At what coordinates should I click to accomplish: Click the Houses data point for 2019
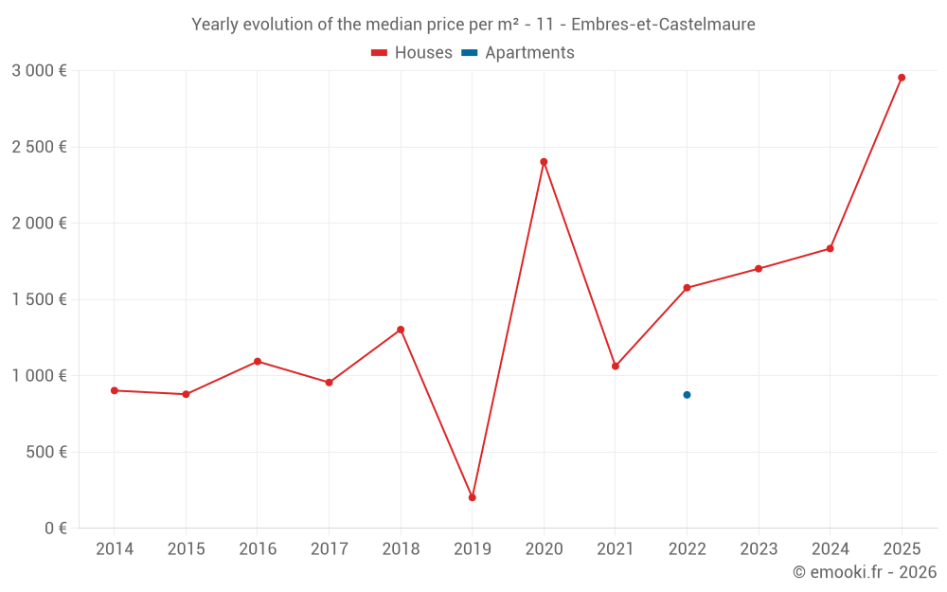click(x=472, y=497)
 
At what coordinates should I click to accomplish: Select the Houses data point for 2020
click(x=544, y=162)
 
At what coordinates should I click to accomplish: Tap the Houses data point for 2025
click(x=902, y=78)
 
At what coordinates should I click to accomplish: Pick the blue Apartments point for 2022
click(x=687, y=395)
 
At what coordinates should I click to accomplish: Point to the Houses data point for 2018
click(x=401, y=330)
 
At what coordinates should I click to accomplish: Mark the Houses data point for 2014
click(x=114, y=390)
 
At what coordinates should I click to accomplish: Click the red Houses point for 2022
click(x=687, y=288)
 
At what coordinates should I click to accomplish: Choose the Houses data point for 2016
click(x=258, y=361)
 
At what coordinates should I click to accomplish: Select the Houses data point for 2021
click(x=616, y=366)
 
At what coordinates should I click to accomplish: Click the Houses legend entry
click(x=412, y=53)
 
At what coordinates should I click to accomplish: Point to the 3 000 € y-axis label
click(x=39, y=71)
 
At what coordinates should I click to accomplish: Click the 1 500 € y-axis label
click(x=39, y=299)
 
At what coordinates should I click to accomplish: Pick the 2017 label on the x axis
click(x=329, y=549)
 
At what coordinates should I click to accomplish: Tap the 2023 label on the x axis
click(x=759, y=549)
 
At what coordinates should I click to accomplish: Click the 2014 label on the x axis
click(x=114, y=549)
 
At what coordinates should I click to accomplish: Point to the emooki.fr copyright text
click(x=864, y=572)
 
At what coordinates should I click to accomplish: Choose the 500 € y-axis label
click(x=45, y=452)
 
